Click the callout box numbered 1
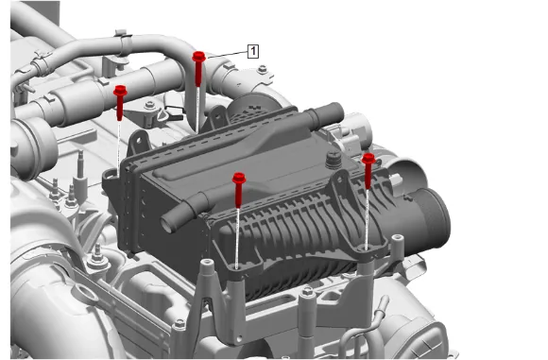tap(253, 51)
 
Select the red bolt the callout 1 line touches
tap(198, 68)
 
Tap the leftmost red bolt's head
tap(120, 91)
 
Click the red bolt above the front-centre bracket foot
tap(239, 189)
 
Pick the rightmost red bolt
tap(368, 171)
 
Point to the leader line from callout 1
tap(228, 54)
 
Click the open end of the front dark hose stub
tap(168, 223)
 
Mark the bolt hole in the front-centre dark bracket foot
tap(237, 267)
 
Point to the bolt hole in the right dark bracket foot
tap(367, 249)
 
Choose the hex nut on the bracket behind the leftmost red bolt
tap(150, 105)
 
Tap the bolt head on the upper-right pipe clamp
tap(263, 69)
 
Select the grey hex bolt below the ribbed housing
tap(307, 291)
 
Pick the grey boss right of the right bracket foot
tap(398, 239)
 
